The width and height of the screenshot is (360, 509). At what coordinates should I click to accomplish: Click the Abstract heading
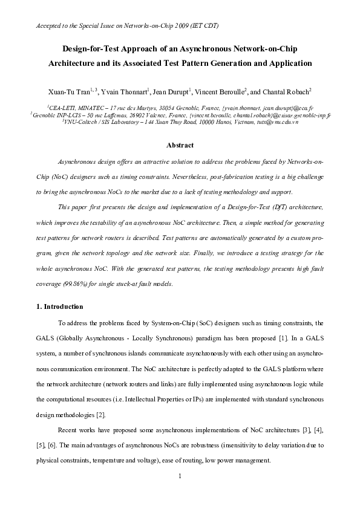click(x=180, y=145)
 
